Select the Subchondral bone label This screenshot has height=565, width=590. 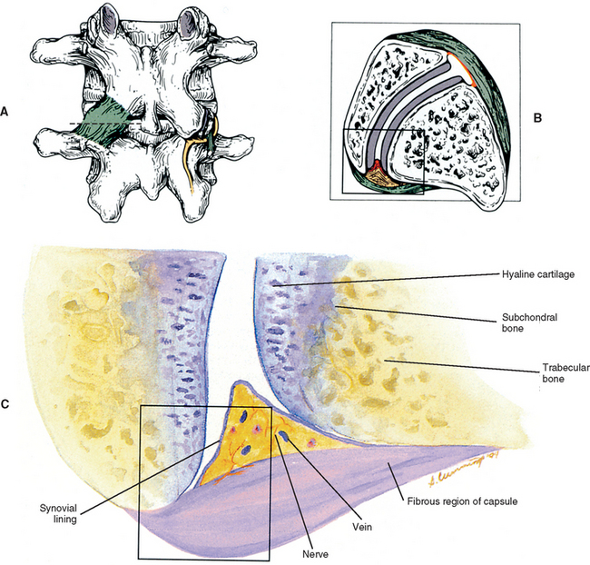tap(522, 324)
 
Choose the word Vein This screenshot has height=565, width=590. tap(366, 523)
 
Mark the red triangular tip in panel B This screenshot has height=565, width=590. tap(373, 167)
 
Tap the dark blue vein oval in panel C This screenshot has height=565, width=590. tap(282, 438)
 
